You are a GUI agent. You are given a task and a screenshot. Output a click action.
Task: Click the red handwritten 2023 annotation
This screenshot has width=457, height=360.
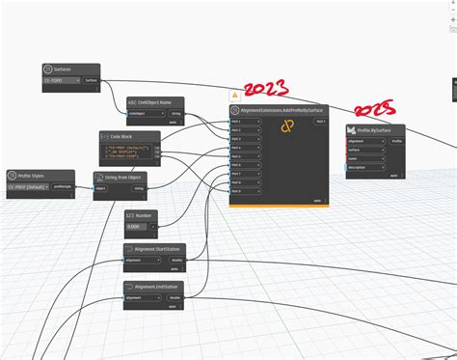pyautogui.click(x=267, y=90)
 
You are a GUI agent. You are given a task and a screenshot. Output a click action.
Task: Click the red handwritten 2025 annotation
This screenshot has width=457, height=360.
pyautogui.click(x=375, y=110)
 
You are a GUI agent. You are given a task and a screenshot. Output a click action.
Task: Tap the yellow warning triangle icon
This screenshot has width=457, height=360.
pyautogui.click(x=234, y=97)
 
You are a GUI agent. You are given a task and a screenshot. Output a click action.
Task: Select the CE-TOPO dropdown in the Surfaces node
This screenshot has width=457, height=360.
pyautogui.click(x=60, y=81)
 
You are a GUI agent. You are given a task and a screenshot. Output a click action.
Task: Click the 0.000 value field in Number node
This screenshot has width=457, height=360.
pyautogui.click(x=137, y=226)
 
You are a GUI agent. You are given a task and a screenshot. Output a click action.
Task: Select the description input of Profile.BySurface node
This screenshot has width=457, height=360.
pyautogui.click(x=364, y=167)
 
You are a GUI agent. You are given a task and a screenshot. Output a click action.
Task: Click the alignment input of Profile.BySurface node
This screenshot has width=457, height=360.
pyautogui.click(x=364, y=141)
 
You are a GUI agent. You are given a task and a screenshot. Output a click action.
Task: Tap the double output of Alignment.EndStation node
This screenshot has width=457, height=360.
pyautogui.click(x=175, y=299)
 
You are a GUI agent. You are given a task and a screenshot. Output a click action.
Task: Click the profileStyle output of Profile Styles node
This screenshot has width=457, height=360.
pyautogui.click(x=63, y=185)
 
